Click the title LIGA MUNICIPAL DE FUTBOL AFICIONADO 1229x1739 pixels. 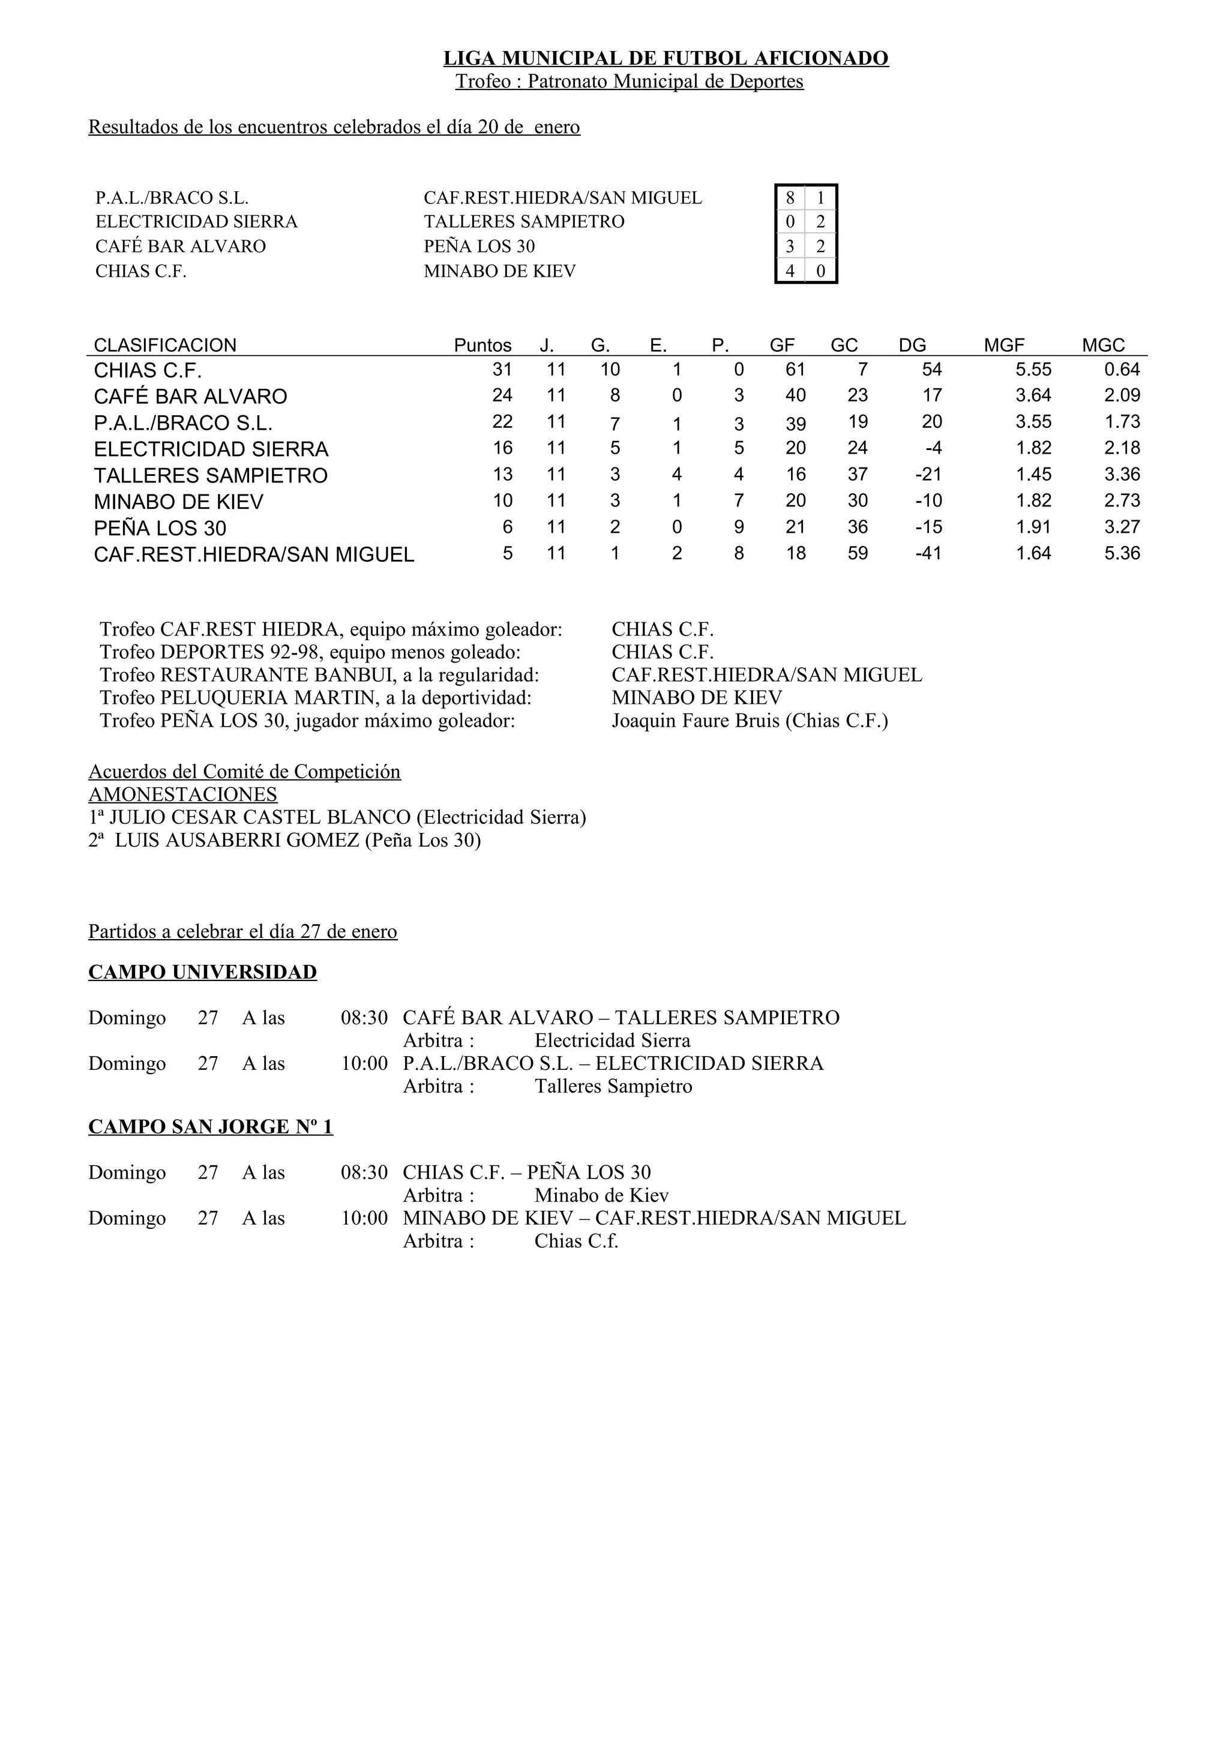[x=666, y=58]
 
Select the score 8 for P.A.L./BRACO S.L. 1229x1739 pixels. [x=790, y=199]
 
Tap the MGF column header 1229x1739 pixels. [x=1003, y=346]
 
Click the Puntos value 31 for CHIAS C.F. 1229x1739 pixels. [x=502, y=370]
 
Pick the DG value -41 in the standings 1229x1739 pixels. [x=928, y=554]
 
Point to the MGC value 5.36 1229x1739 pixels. [x=1122, y=554]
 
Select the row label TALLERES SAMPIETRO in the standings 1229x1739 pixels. [x=211, y=476]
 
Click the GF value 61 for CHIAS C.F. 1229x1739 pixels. [x=795, y=370]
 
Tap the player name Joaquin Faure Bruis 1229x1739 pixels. [x=695, y=720]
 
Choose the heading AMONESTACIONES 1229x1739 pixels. [x=182, y=794]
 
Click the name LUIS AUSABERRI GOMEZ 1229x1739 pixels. [x=237, y=840]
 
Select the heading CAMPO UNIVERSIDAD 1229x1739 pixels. [x=202, y=973]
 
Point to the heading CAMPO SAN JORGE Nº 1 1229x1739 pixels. [x=211, y=1127]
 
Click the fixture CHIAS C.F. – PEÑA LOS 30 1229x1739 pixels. [x=526, y=1173]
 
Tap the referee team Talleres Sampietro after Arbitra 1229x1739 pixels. [x=613, y=1086]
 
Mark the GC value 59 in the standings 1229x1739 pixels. [x=857, y=554]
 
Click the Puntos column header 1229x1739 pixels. [x=482, y=346]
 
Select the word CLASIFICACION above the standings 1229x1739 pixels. [x=165, y=346]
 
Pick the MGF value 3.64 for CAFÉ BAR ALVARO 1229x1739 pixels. [x=1033, y=395]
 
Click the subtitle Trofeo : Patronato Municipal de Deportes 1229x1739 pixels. [x=630, y=82]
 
